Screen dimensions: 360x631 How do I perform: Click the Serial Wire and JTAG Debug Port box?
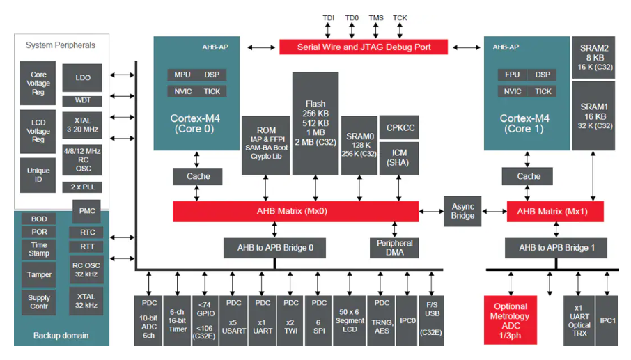click(x=364, y=47)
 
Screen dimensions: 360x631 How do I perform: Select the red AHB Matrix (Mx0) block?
click(x=295, y=212)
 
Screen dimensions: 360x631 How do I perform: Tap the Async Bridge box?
click(x=462, y=210)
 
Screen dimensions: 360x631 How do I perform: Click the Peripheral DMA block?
click(x=394, y=248)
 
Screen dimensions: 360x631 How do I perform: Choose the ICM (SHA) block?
click(x=399, y=157)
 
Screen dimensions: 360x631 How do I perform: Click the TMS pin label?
click(x=376, y=17)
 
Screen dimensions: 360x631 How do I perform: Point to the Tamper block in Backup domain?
click(x=38, y=274)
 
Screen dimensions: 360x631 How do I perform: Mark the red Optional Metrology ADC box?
click(x=511, y=320)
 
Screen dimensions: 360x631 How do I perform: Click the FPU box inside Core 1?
click(x=512, y=75)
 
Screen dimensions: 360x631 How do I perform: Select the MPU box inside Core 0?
click(x=182, y=75)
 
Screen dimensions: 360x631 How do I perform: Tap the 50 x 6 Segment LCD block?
click(x=349, y=320)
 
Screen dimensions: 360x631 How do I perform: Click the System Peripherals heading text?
click(x=61, y=45)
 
